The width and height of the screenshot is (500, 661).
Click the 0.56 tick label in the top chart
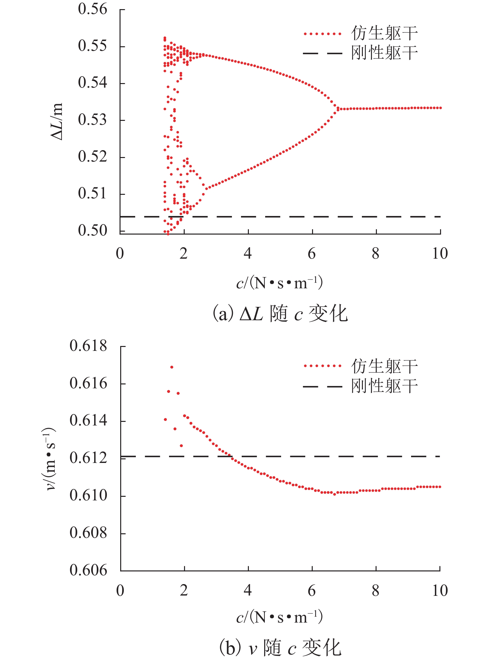click(x=93, y=9)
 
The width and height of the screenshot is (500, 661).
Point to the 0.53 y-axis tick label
click(x=93, y=120)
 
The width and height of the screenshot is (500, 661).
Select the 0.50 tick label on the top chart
click(x=93, y=231)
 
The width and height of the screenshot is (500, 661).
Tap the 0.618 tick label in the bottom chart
click(x=88, y=346)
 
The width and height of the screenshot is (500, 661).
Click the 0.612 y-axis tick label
click(x=88, y=458)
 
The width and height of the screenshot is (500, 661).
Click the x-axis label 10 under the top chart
click(x=440, y=253)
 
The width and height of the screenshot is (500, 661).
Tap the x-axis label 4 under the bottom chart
click(x=248, y=591)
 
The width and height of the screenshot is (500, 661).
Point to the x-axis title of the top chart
click(x=279, y=283)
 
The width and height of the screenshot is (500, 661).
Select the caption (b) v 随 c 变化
click(x=280, y=647)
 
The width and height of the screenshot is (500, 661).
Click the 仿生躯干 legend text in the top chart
click(x=384, y=33)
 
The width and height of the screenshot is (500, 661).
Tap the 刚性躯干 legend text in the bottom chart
click(x=384, y=386)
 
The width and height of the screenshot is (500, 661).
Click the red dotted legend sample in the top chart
click(x=322, y=34)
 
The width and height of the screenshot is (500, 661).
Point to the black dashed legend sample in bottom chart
click(x=322, y=387)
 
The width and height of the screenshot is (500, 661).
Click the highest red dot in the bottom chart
click(x=172, y=367)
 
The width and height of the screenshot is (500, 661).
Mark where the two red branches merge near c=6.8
click(x=337, y=108)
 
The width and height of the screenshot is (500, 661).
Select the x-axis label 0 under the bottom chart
click(x=120, y=591)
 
